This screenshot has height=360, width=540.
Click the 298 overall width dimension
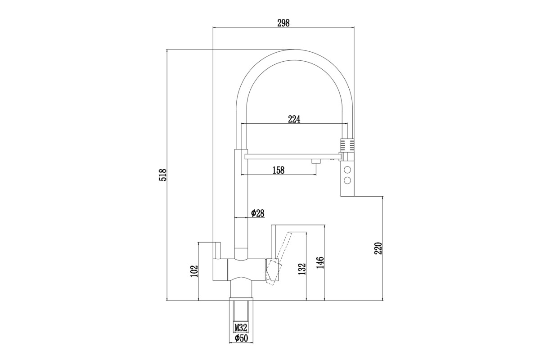point(283,23)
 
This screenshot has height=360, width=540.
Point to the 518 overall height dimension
point(163,175)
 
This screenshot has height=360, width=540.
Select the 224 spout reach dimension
point(294,119)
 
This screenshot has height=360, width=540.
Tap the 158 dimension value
point(279,170)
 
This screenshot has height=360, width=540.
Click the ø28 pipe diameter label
point(257,213)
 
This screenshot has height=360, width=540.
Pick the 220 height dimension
point(378,248)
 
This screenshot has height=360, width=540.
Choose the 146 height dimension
point(320,263)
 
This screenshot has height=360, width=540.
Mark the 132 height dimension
point(302,269)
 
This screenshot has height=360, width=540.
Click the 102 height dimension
point(194,271)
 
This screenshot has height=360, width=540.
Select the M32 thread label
point(241,328)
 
